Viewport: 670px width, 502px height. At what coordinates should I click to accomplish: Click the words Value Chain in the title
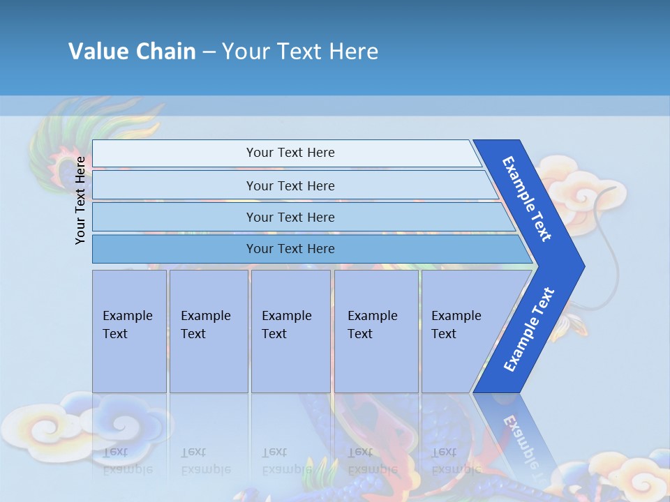coord(132,51)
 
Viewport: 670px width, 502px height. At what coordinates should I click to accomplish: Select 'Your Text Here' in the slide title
coord(300,51)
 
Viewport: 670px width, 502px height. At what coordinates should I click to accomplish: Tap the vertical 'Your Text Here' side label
coord(80,200)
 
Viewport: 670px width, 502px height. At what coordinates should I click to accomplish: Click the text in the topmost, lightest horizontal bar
coord(290,153)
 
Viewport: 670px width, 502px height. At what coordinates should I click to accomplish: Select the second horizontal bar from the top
coord(290,185)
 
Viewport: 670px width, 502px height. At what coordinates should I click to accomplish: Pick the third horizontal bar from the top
coord(290,217)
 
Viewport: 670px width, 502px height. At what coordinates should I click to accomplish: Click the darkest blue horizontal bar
coord(290,249)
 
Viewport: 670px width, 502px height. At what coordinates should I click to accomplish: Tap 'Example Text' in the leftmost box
coord(127,325)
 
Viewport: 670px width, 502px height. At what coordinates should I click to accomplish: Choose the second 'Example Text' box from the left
coord(205,325)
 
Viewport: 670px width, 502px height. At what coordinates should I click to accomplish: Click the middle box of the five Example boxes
coord(286,325)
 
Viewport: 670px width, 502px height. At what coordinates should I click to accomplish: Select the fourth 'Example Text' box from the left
coord(372,325)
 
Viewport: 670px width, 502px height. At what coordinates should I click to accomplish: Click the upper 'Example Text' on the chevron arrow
coord(527,199)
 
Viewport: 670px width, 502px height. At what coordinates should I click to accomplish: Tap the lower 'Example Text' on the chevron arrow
coord(528,330)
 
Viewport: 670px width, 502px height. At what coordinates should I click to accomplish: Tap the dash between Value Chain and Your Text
coord(209,51)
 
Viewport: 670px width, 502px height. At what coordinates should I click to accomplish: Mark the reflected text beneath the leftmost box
coord(127,461)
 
